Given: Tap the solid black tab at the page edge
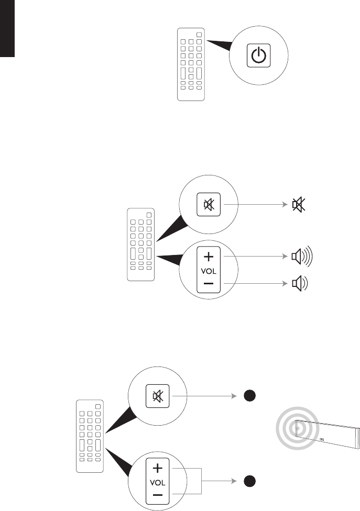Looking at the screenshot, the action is [x=6, y=29].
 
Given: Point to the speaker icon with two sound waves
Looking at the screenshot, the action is [x=299, y=283].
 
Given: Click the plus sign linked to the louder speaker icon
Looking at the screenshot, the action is [x=209, y=257].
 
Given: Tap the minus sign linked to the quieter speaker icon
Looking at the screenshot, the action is [x=209, y=283].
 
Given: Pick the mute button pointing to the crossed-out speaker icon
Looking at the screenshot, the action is [x=209, y=205].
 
